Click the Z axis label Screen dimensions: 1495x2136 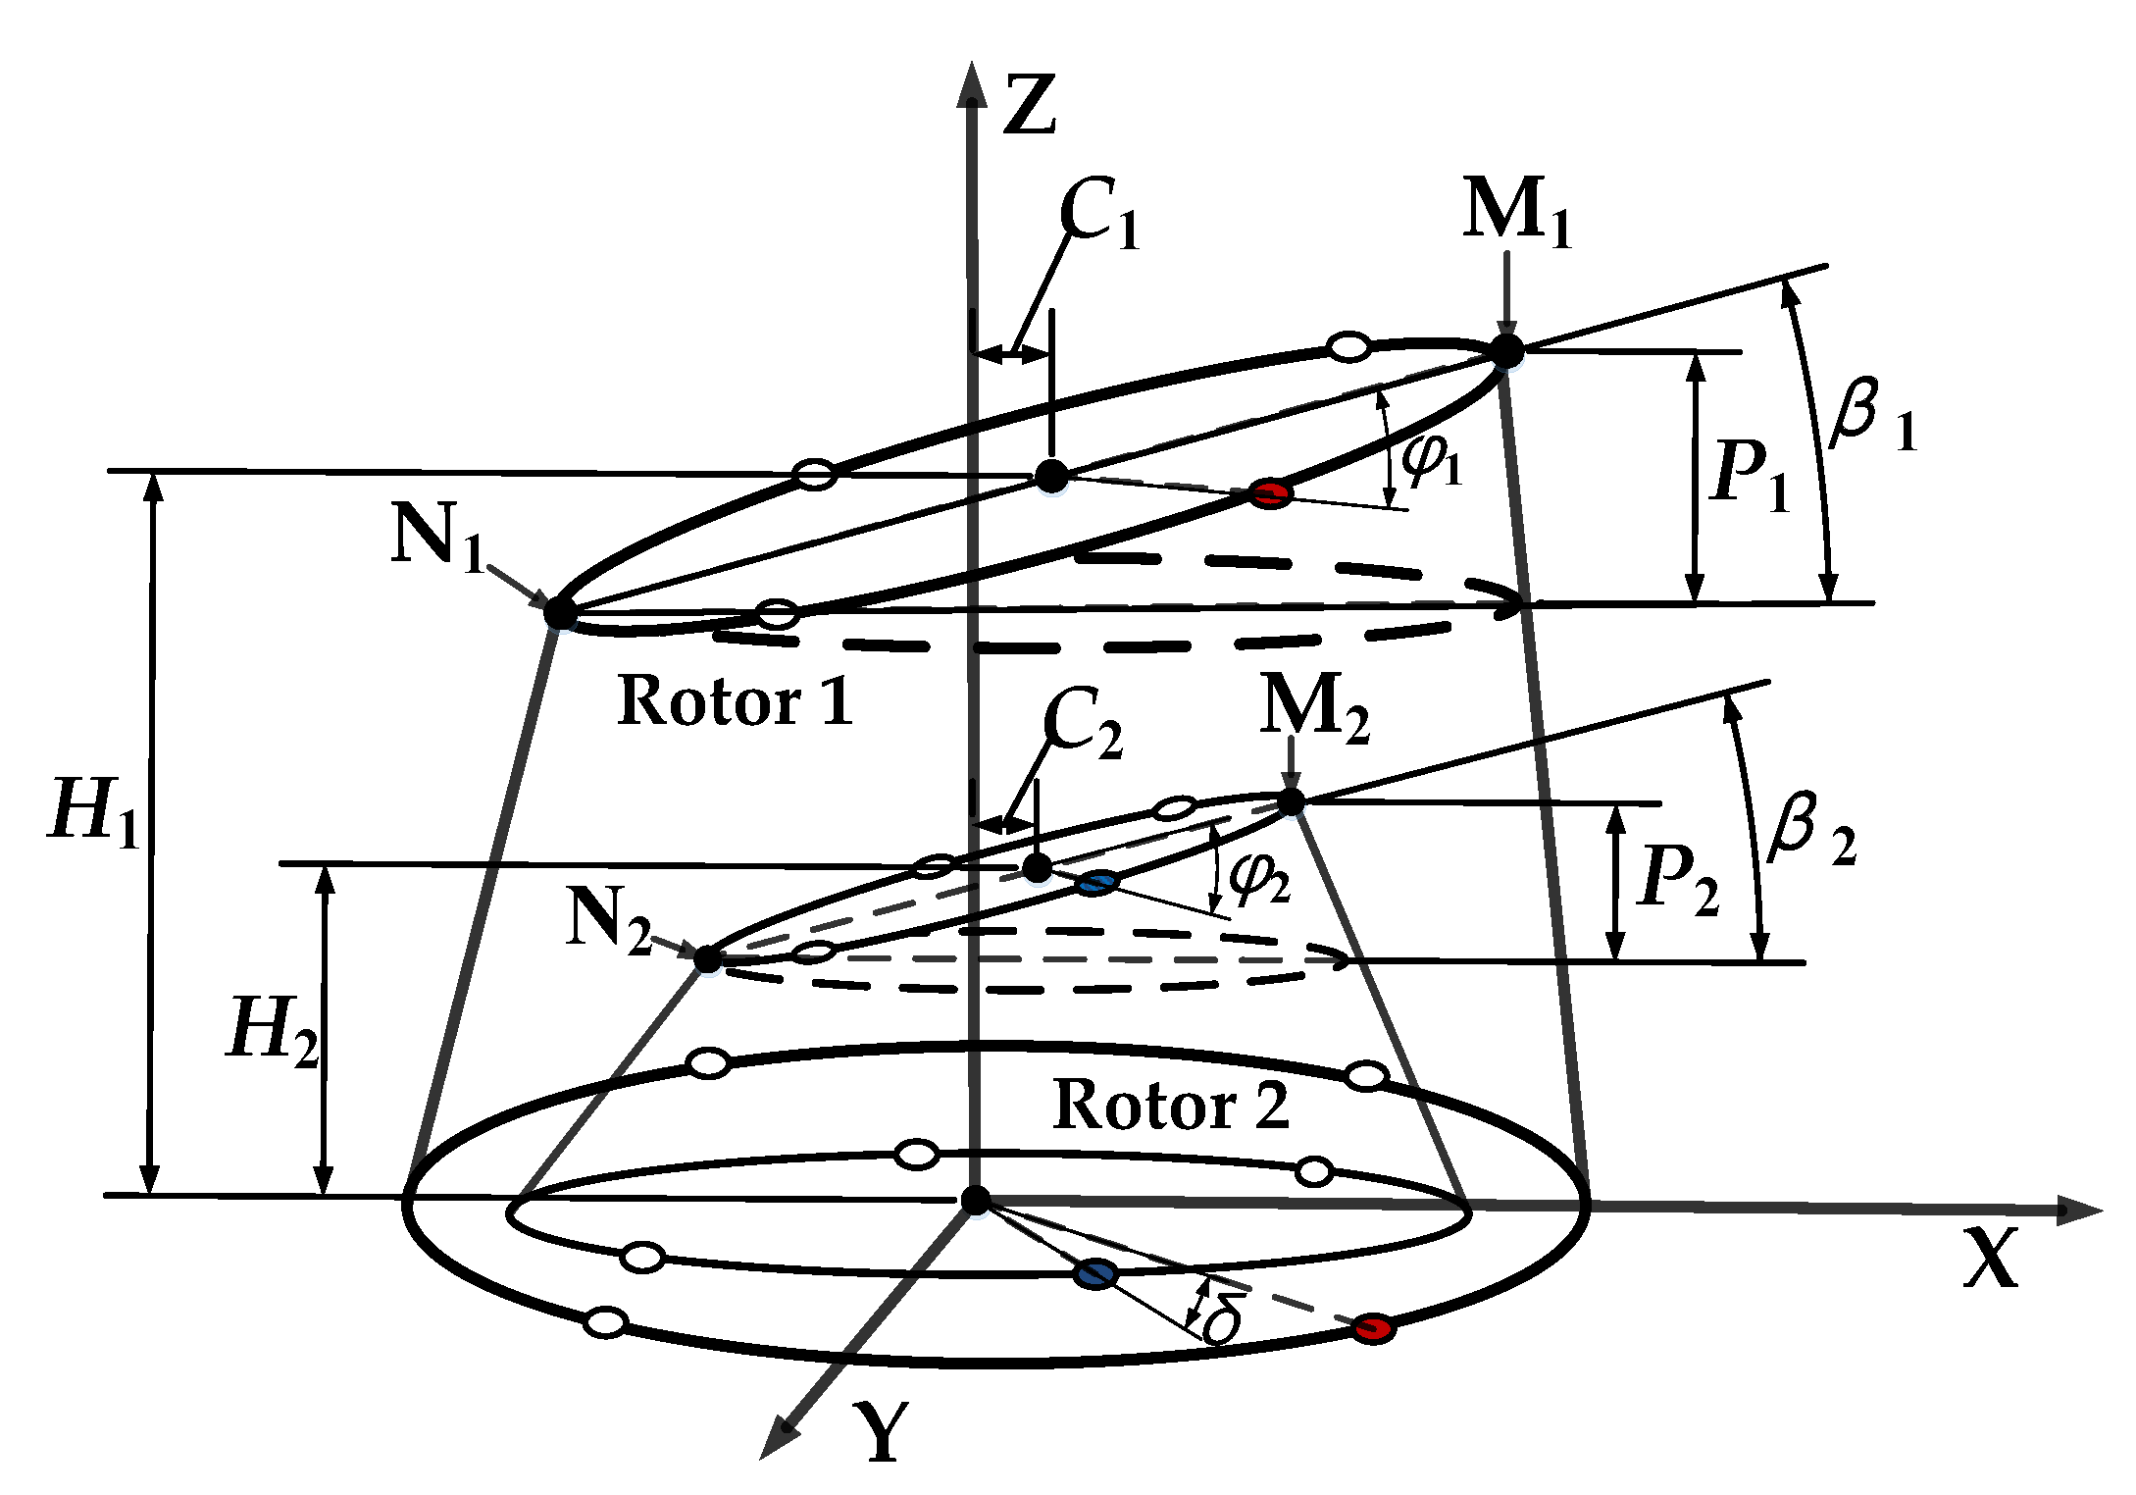tap(1029, 105)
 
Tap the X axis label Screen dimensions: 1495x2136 tap(1992, 1259)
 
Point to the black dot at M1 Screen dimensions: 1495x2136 tap(1506, 350)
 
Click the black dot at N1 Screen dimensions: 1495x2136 tap(560, 612)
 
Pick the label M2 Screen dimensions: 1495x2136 tap(1313, 710)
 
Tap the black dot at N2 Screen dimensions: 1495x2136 tap(707, 958)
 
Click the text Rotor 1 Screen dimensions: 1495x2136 tap(735, 701)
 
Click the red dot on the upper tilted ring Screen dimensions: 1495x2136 tap(1271, 493)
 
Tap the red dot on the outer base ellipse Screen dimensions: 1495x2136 tap(1373, 1329)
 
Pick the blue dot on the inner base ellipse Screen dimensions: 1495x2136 tap(1095, 1274)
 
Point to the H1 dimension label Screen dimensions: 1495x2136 tap(93, 810)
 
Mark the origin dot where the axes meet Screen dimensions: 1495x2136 tap(975, 1200)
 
